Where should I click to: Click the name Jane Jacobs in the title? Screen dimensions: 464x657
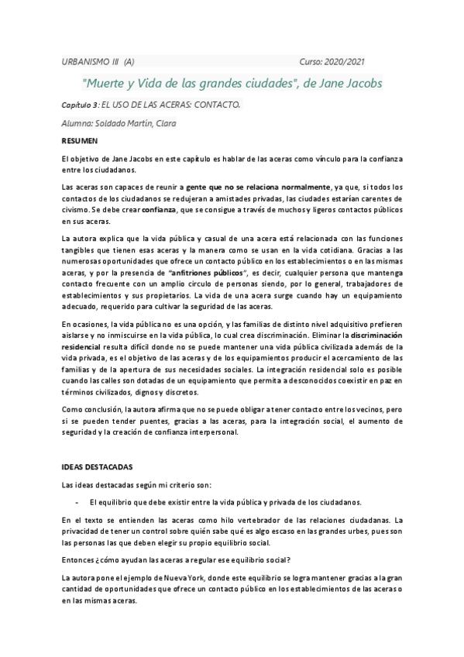pyautogui.click(x=349, y=82)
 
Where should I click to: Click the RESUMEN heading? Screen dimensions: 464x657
pyautogui.click(x=80, y=141)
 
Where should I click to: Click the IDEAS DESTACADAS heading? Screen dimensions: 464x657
pyautogui.click(x=97, y=467)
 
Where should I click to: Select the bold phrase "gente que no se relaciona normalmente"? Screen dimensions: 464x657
pyautogui.click(x=258, y=187)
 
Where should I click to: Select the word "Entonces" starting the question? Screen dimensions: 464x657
pyautogui.click(x=79, y=559)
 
